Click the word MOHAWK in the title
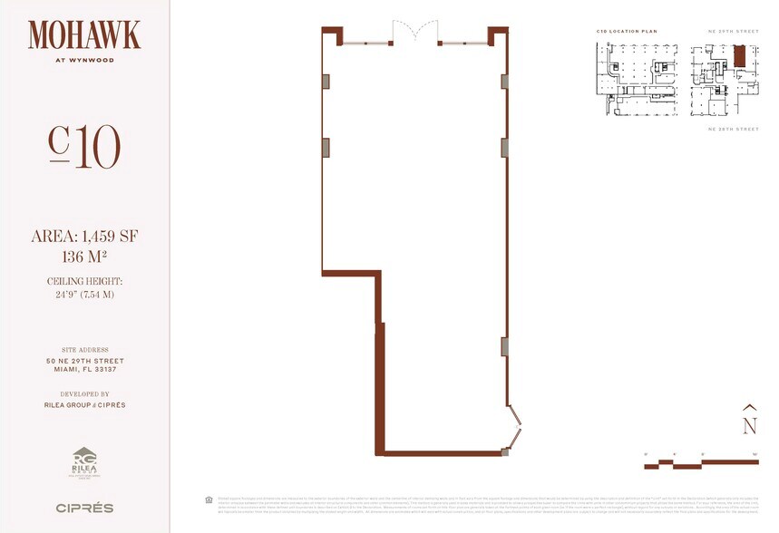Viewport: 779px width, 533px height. click(x=84, y=35)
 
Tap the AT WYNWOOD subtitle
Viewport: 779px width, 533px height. click(x=84, y=63)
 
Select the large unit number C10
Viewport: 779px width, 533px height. click(x=84, y=147)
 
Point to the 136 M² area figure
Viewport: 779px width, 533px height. click(x=84, y=257)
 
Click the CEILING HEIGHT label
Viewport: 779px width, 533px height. click(x=84, y=282)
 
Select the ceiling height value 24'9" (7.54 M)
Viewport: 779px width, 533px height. click(x=84, y=295)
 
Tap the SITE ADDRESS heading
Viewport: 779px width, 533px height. click(x=84, y=350)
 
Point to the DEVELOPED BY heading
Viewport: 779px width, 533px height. click(x=84, y=394)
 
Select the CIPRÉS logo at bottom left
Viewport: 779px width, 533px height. click(x=84, y=508)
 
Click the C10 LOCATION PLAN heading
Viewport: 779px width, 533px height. click(x=627, y=32)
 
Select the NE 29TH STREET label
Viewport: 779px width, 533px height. click(x=733, y=32)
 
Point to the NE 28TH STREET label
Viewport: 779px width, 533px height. click(x=733, y=130)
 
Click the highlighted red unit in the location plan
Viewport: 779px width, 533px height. click(x=739, y=56)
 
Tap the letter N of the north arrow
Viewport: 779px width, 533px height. click(x=749, y=424)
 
